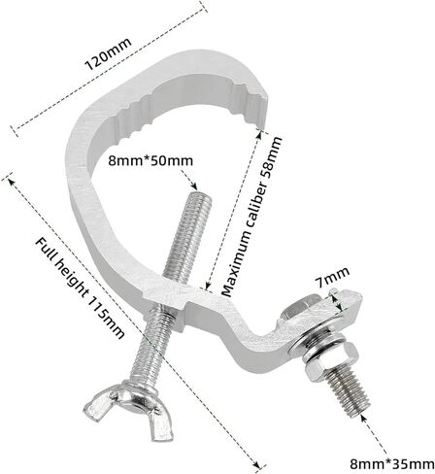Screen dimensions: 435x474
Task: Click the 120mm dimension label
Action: (108, 54)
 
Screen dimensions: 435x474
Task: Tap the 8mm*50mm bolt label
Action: (151, 160)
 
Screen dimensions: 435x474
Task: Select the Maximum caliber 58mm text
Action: (251, 217)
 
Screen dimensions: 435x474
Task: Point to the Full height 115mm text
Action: (80, 288)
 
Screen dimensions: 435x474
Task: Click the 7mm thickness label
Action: (332, 277)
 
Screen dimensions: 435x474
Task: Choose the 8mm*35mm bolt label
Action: (392, 463)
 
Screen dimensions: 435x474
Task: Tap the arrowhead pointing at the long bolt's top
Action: (194, 186)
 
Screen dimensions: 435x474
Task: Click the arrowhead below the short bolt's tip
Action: (363, 418)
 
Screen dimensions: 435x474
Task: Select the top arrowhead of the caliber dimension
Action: (258, 134)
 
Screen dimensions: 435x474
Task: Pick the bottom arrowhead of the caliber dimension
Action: (208, 285)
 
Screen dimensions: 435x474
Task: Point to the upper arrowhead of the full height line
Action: (11, 182)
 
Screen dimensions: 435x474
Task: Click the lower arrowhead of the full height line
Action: (256, 464)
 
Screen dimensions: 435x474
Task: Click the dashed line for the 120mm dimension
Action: (109, 68)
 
